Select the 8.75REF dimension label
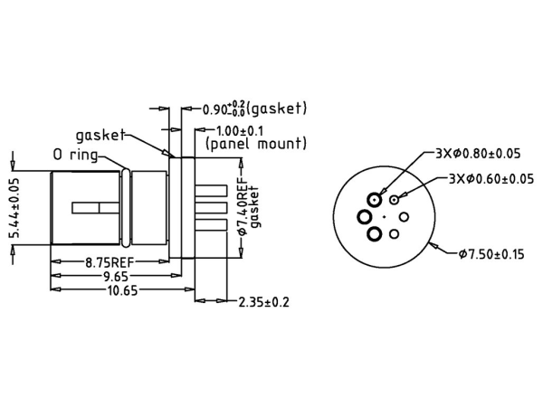click(106, 263)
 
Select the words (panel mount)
click(256, 144)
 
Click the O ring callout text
click(84, 155)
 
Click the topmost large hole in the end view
click(374, 199)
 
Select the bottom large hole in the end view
click(374, 234)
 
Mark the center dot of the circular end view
click(385, 216)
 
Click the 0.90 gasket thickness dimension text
click(253, 109)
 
